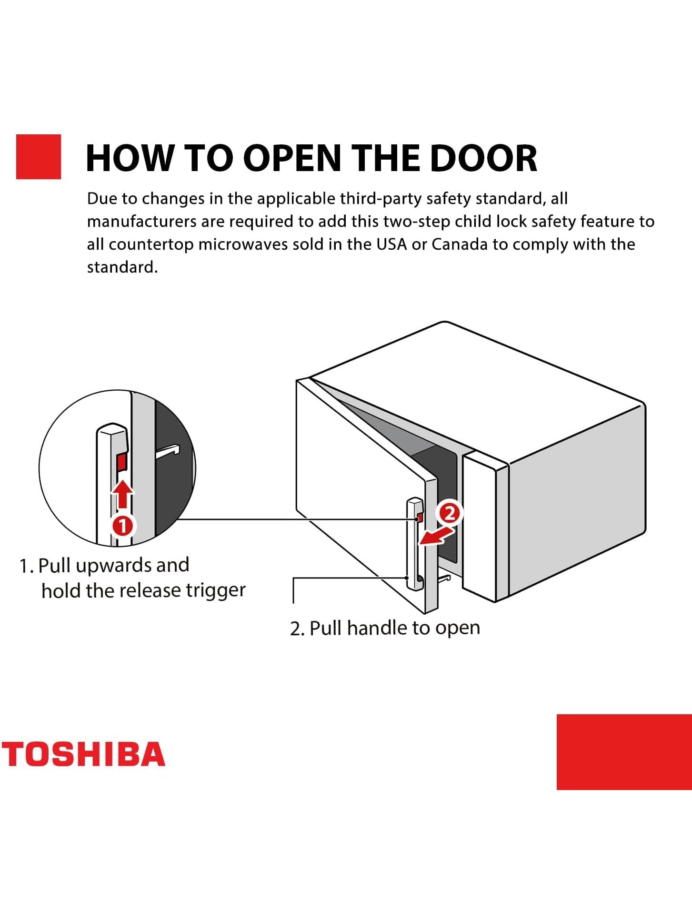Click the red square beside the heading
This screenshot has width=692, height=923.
point(39,157)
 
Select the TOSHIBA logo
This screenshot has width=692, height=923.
point(83,754)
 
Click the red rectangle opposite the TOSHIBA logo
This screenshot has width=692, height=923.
point(624,752)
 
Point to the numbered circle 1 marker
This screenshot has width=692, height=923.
point(123,526)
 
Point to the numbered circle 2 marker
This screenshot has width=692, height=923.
point(450,513)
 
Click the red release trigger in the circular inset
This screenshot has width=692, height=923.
point(121,462)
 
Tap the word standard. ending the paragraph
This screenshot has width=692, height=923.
point(122,267)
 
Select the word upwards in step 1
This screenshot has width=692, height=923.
point(113,566)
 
